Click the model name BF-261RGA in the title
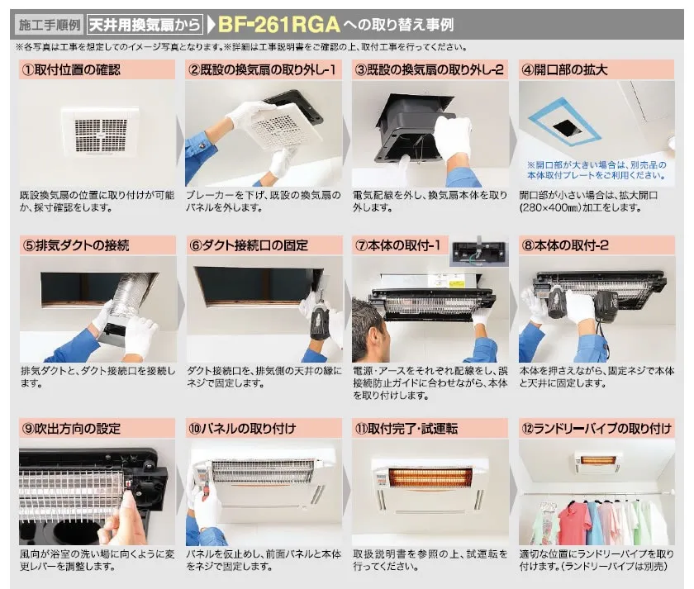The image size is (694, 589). point(279,25)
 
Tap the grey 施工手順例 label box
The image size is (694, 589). point(50,24)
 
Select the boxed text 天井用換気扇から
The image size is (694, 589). point(145,24)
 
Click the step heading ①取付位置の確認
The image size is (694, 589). point(71,70)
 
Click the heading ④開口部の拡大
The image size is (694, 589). point(564,70)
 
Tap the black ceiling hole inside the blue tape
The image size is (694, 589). point(567,127)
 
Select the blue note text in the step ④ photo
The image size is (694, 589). point(597,170)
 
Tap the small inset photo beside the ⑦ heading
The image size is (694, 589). point(478,251)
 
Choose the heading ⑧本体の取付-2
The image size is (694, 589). point(565,245)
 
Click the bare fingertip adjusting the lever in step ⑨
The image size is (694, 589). point(128,499)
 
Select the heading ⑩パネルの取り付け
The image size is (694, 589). point(241,429)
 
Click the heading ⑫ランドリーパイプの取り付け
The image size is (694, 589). point(597,429)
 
